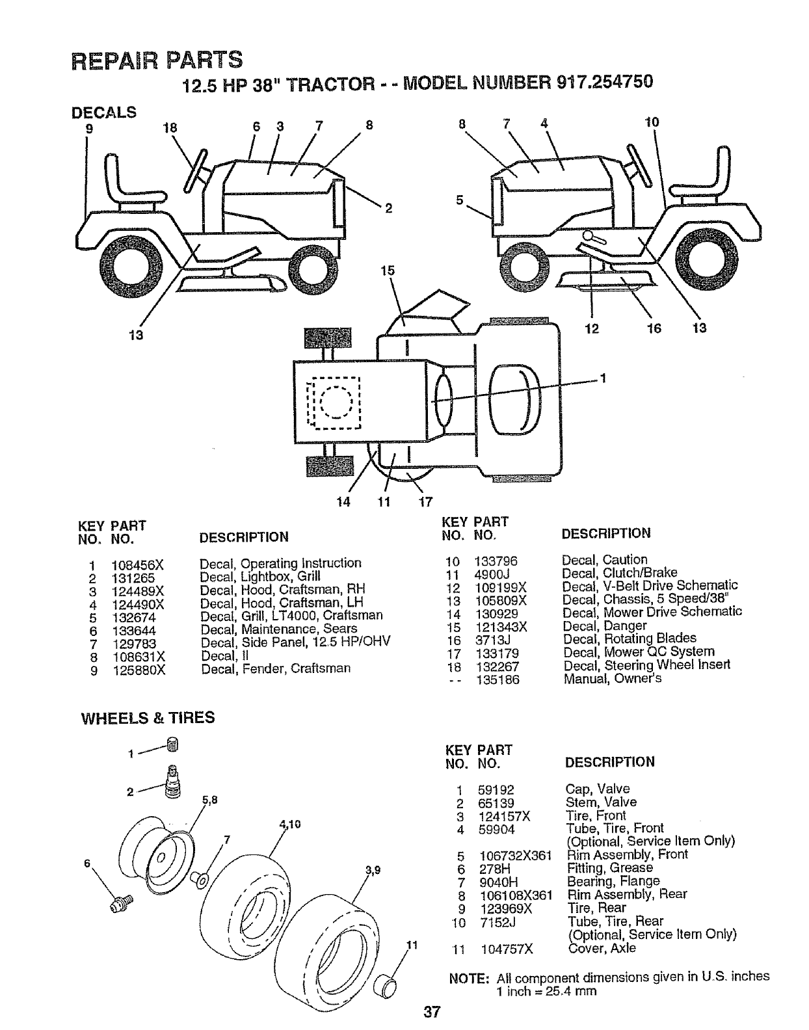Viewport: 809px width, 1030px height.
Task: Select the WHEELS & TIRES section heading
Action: [x=147, y=718]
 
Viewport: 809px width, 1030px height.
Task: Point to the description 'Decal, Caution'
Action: [x=605, y=560]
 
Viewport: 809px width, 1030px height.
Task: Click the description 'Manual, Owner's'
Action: [x=613, y=679]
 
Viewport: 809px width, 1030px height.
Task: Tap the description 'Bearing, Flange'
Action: [x=613, y=882]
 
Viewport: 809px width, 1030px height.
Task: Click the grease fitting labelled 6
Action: [x=121, y=902]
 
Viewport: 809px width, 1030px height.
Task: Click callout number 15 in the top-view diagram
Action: [x=388, y=271]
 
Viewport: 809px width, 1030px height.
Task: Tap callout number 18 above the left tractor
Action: [x=171, y=127]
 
